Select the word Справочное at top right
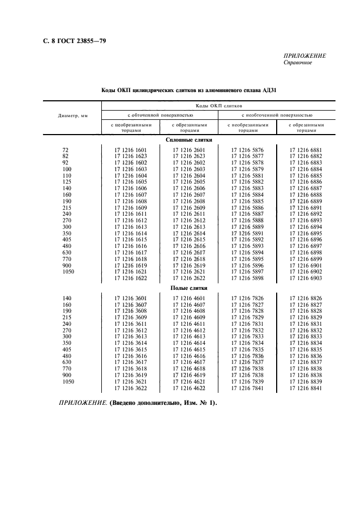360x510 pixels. (x=297, y=63)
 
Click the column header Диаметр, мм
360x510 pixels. (x=73, y=116)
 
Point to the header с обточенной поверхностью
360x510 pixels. (x=160, y=116)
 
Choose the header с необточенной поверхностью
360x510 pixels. (x=277, y=116)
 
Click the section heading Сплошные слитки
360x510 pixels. (x=189, y=140)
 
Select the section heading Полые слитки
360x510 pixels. (x=189, y=288)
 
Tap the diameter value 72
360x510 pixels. (x=66, y=150)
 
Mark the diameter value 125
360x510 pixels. (x=68, y=182)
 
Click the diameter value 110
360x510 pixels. (x=68, y=175)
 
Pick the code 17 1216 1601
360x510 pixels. (x=131, y=150)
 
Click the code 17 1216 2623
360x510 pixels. (x=189, y=156)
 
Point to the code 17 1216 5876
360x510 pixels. (x=247, y=150)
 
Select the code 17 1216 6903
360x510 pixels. (x=306, y=278)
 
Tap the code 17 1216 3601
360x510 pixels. (x=131, y=298)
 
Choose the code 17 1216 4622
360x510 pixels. (x=189, y=388)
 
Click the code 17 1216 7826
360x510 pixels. (x=247, y=298)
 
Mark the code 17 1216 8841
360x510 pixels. (x=306, y=388)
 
